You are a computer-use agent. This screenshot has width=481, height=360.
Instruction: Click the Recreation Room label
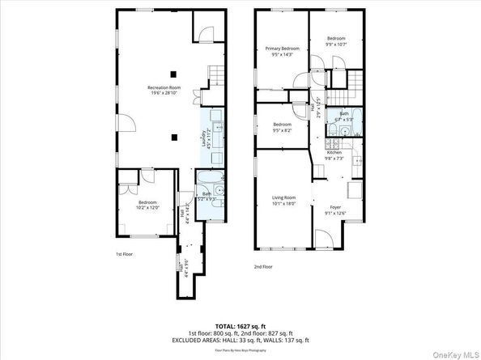[x=164, y=87]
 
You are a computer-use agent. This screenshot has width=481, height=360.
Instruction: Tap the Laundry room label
[x=203, y=139]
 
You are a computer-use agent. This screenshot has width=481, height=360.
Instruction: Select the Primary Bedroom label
[x=283, y=49]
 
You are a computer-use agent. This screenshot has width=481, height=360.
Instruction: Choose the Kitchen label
[x=334, y=152]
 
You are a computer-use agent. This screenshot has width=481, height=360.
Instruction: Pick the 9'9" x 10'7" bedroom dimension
[x=336, y=45]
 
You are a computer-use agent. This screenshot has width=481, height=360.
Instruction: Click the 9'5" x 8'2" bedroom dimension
[x=283, y=129]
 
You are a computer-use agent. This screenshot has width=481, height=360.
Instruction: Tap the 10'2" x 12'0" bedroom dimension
[x=147, y=207]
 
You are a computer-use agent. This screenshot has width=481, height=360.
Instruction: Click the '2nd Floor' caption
[x=263, y=265]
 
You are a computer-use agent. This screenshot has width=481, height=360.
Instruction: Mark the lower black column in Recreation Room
[x=173, y=138]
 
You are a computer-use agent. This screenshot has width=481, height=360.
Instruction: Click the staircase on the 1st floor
[x=215, y=78]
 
